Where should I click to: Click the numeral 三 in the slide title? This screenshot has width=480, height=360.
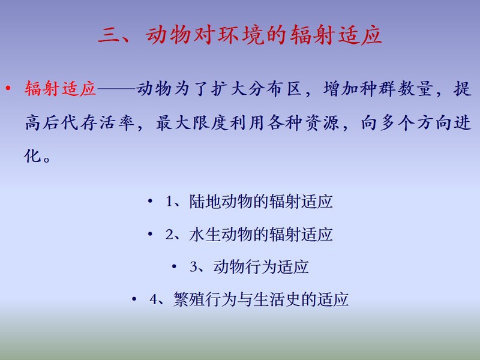tap(109, 35)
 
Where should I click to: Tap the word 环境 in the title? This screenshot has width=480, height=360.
tap(241, 35)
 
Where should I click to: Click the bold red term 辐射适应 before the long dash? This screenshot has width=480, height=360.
tap(61, 89)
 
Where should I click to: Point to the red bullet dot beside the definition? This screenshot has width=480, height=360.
tap(8, 89)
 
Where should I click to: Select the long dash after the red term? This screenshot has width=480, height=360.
tap(116, 89)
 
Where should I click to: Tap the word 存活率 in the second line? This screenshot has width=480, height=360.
tap(107, 123)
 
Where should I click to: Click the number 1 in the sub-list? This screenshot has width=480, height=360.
tap(169, 202)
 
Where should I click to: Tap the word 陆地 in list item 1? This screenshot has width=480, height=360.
tap(205, 202)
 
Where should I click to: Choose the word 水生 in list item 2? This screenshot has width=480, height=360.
tap(205, 235)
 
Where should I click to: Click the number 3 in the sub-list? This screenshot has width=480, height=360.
tap(193, 266)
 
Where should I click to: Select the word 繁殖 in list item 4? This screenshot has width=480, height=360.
tap(189, 299)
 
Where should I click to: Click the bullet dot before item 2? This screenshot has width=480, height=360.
tap(150, 234)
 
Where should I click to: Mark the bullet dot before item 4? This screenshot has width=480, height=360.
tap(134, 299)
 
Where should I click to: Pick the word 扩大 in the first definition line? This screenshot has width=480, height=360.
tap(229, 89)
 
